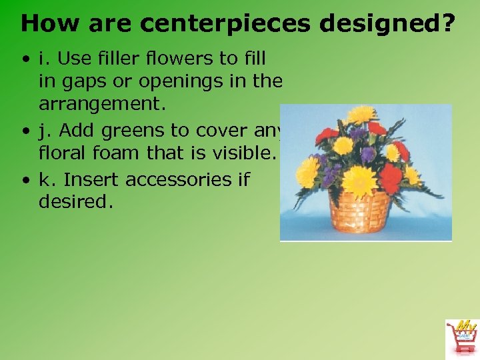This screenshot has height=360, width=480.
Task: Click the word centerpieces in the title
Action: tap(227, 24)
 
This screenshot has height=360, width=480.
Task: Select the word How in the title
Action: tap(47, 23)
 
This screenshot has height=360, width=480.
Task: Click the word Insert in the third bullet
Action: tap(93, 180)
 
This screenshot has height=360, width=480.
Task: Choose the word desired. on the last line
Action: tap(75, 201)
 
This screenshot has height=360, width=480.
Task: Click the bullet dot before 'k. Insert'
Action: tap(25, 181)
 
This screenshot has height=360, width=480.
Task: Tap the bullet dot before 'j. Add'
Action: tap(25, 131)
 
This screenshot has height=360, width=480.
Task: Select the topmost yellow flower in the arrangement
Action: tap(363, 115)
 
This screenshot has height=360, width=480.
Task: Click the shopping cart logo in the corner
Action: tap(461, 337)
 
